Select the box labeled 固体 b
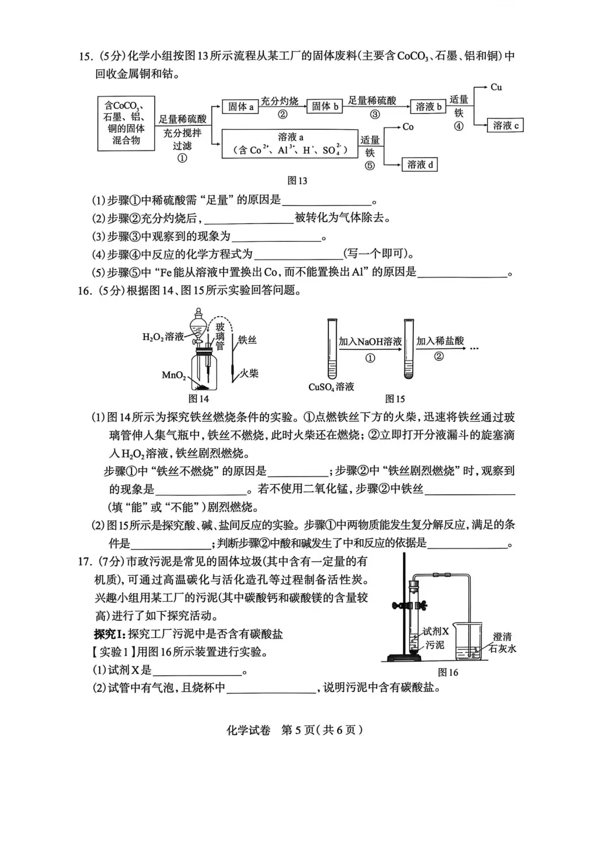(324, 106)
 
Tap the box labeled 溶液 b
(428, 106)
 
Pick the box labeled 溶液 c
(505, 125)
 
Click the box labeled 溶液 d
(419, 164)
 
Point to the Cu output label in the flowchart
(496, 87)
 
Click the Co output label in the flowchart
(408, 127)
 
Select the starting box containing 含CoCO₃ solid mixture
(126, 123)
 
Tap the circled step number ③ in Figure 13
(375, 115)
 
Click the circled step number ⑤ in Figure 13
(370, 165)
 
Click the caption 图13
(297, 181)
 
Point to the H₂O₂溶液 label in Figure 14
(163, 337)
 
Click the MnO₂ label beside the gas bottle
(174, 375)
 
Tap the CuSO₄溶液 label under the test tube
(331, 387)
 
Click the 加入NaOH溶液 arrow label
(370, 342)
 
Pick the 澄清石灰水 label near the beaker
(502, 643)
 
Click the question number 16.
(84, 290)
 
